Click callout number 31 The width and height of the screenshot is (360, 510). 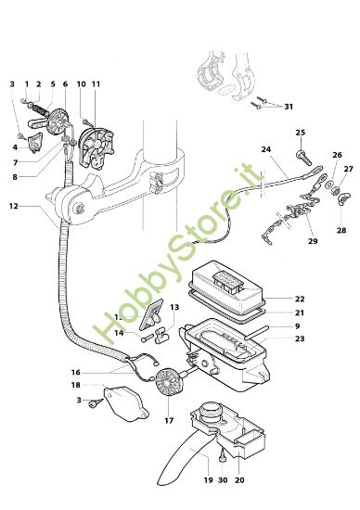click(289, 105)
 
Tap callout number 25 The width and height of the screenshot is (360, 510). click(300, 133)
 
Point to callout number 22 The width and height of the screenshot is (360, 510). click(300, 300)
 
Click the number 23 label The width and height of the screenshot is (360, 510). click(300, 339)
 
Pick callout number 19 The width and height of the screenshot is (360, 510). click(207, 480)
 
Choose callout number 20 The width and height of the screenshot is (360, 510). click(240, 480)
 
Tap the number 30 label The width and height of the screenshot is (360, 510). click(223, 480)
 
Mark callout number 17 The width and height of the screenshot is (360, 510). click(168, 420)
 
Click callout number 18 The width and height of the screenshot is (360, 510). click(75, 384)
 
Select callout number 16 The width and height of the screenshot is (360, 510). click(75, 372)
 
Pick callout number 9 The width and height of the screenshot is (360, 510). click(300, 326)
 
